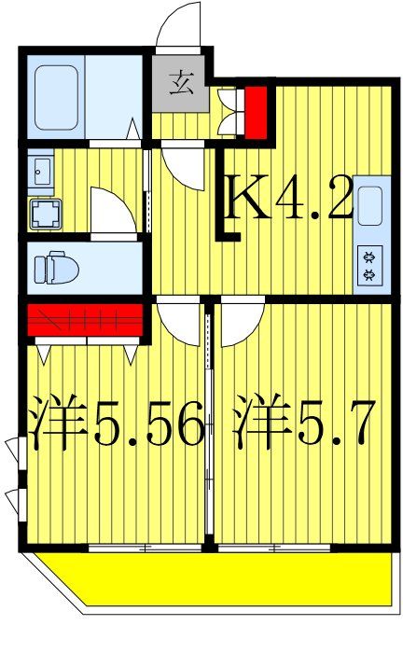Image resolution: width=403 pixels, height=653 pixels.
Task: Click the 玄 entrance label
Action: [182, 89]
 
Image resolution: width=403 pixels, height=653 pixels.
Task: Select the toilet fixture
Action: [53, 269]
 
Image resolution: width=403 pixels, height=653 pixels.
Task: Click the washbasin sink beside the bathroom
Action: [40, 171]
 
